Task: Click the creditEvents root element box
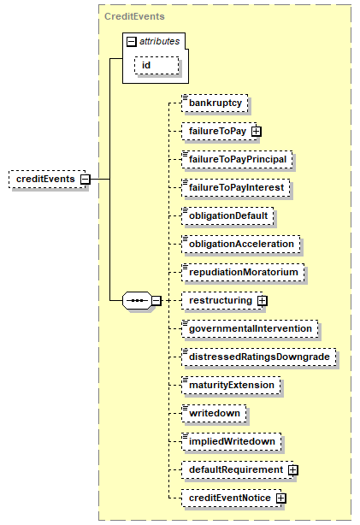47,179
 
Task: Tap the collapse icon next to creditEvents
86,179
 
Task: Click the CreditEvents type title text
134,16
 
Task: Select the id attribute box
156,65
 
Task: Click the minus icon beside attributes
132,42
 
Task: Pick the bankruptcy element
215,103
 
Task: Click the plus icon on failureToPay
257,132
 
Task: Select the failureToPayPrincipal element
237,159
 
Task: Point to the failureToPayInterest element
236,187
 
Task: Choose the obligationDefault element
227,215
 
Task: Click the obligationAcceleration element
241,244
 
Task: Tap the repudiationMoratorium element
243,272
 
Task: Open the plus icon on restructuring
263,301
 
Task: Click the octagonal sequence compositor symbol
138,300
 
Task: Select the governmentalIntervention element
251,328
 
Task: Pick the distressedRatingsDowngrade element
259,357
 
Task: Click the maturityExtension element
232,385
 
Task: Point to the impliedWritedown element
232,441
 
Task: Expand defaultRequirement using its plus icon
293,470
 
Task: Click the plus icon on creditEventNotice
281,498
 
